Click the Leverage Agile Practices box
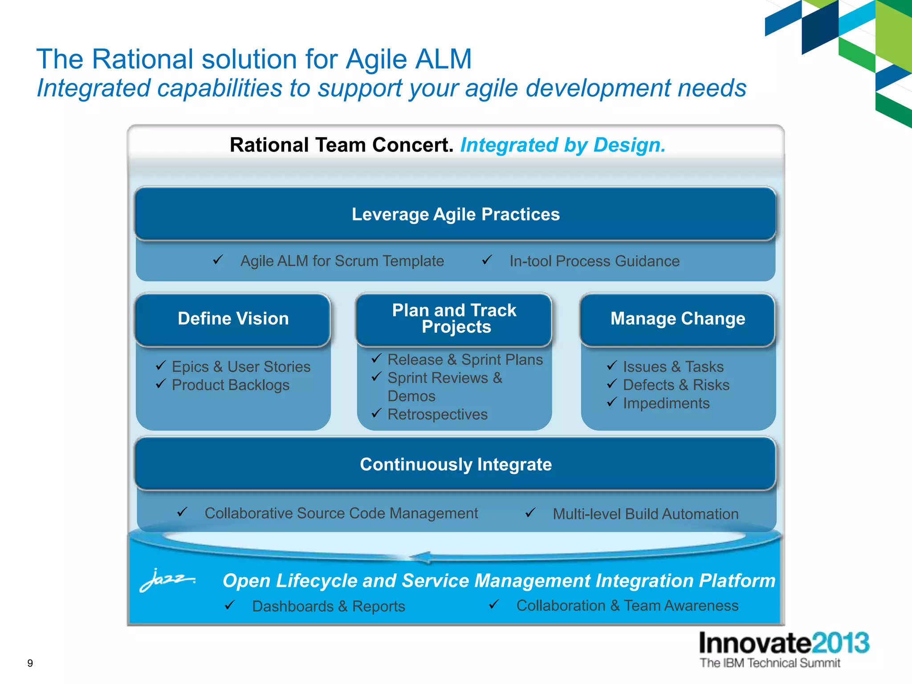pos(455,214)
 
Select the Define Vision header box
pos(233,319)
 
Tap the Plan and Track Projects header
pos(454,319)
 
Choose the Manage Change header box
pos(677,319)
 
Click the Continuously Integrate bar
pos(455,464)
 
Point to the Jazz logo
pos(167,579)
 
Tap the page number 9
pos(30,663)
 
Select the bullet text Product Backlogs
pos(230,385)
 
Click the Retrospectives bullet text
pos(437,415)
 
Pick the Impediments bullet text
pos(666,403)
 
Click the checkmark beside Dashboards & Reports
pos(230,605)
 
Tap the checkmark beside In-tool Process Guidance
pos(487,259)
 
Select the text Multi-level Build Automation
pos(645,514)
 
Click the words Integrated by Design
pos(563,146)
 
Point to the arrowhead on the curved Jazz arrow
pos(420,557)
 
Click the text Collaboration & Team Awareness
pos(627,606)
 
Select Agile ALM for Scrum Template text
pos(342,261)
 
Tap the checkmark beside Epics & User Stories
pos(161,366)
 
